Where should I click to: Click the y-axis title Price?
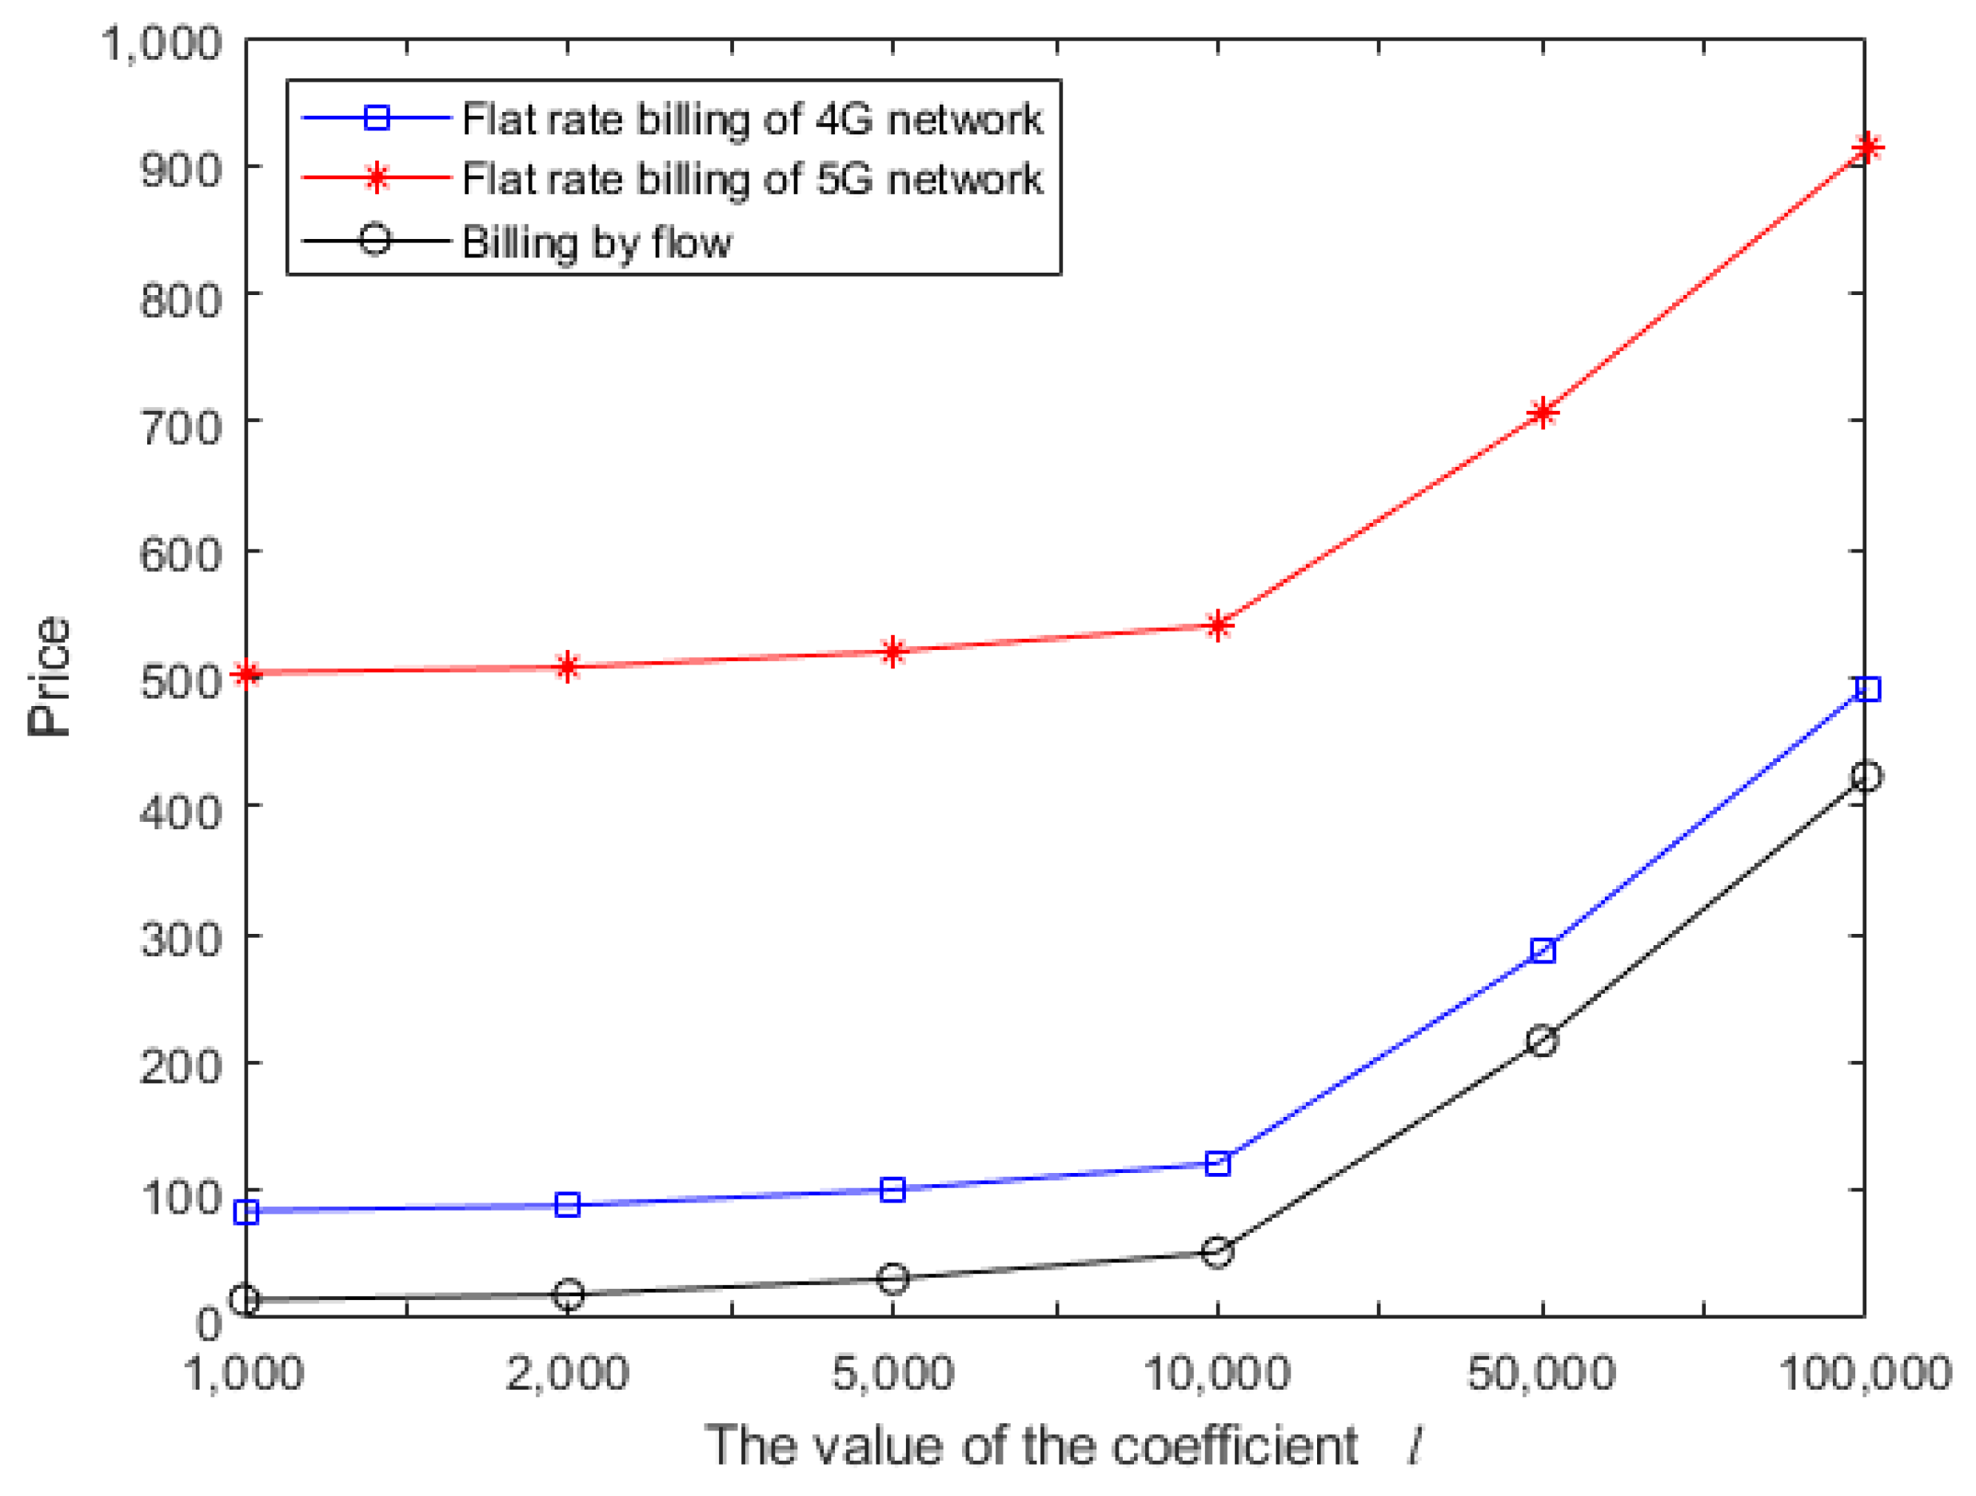click(x=49, y=676)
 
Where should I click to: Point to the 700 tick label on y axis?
click(x=181, y=427)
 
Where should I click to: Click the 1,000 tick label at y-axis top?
click(x=161, y=43)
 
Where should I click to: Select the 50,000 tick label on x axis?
click(x=1541, y=1373)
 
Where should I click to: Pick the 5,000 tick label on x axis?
click(x=892, y=1373)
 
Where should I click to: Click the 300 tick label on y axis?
click(x=181, y=939)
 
